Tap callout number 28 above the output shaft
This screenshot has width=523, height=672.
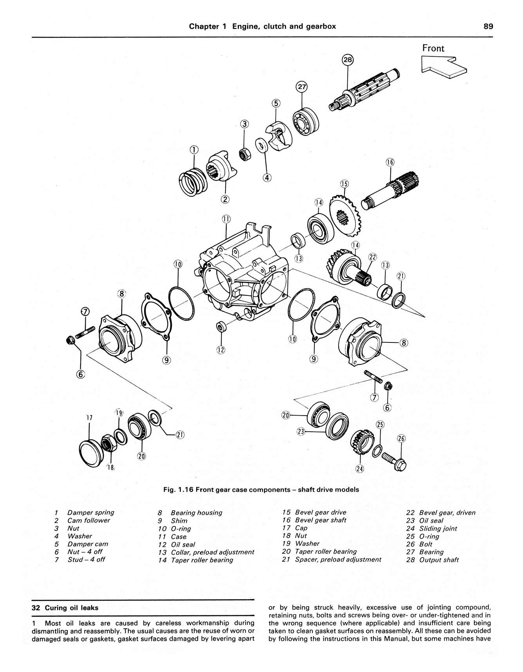point(348,60)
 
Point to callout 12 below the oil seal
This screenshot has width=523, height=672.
point(221,350)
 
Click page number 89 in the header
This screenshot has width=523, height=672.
point(488,26)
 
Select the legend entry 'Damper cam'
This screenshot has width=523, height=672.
point(88,544)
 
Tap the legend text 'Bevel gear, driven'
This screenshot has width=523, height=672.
point(447,513)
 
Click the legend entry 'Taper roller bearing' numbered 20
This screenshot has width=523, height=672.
point(326,551)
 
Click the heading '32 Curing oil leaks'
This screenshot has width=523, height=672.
point(65,608)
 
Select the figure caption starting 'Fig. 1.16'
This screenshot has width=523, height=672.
point(261,490)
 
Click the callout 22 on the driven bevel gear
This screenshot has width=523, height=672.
point(373,257)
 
